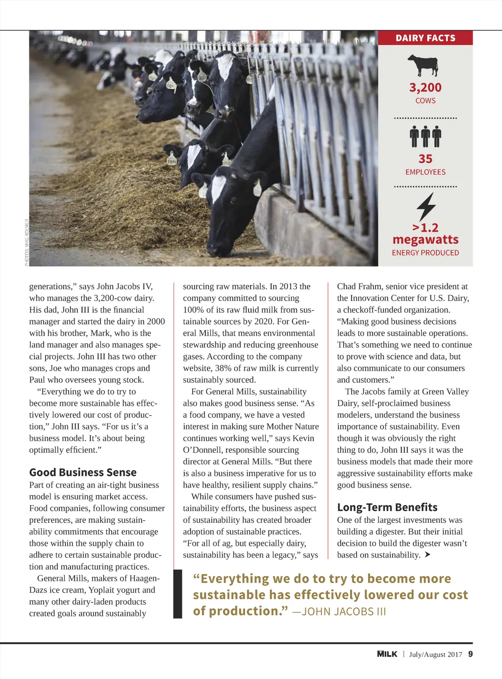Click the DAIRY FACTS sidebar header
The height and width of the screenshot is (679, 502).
click(425, 38)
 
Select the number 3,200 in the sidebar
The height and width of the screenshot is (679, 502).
click(425, 88)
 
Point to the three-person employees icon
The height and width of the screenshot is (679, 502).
click(425, 137)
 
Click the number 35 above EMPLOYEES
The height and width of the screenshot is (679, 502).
click(425, 159)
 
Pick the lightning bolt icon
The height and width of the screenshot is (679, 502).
click(426, 207)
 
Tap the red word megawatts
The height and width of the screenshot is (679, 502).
click(426, 240)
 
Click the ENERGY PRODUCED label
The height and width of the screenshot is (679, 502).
click(425, 253)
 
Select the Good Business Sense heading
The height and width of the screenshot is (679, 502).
click(83, 472)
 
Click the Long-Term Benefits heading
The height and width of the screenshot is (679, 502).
click(387, 507)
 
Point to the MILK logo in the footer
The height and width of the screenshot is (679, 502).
click(387, 654)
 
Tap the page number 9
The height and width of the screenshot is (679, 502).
click(471, 654)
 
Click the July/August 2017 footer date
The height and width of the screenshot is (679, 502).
click(435, 655)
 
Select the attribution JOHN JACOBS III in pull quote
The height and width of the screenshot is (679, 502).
click(344, 612)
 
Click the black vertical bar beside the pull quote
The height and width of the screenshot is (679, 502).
click(177, 594)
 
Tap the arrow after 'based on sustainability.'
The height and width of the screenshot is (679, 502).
click(427, 555)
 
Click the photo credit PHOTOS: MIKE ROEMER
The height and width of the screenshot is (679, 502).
click(27, 242)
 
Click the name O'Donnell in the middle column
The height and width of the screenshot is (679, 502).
click(203, 450)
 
